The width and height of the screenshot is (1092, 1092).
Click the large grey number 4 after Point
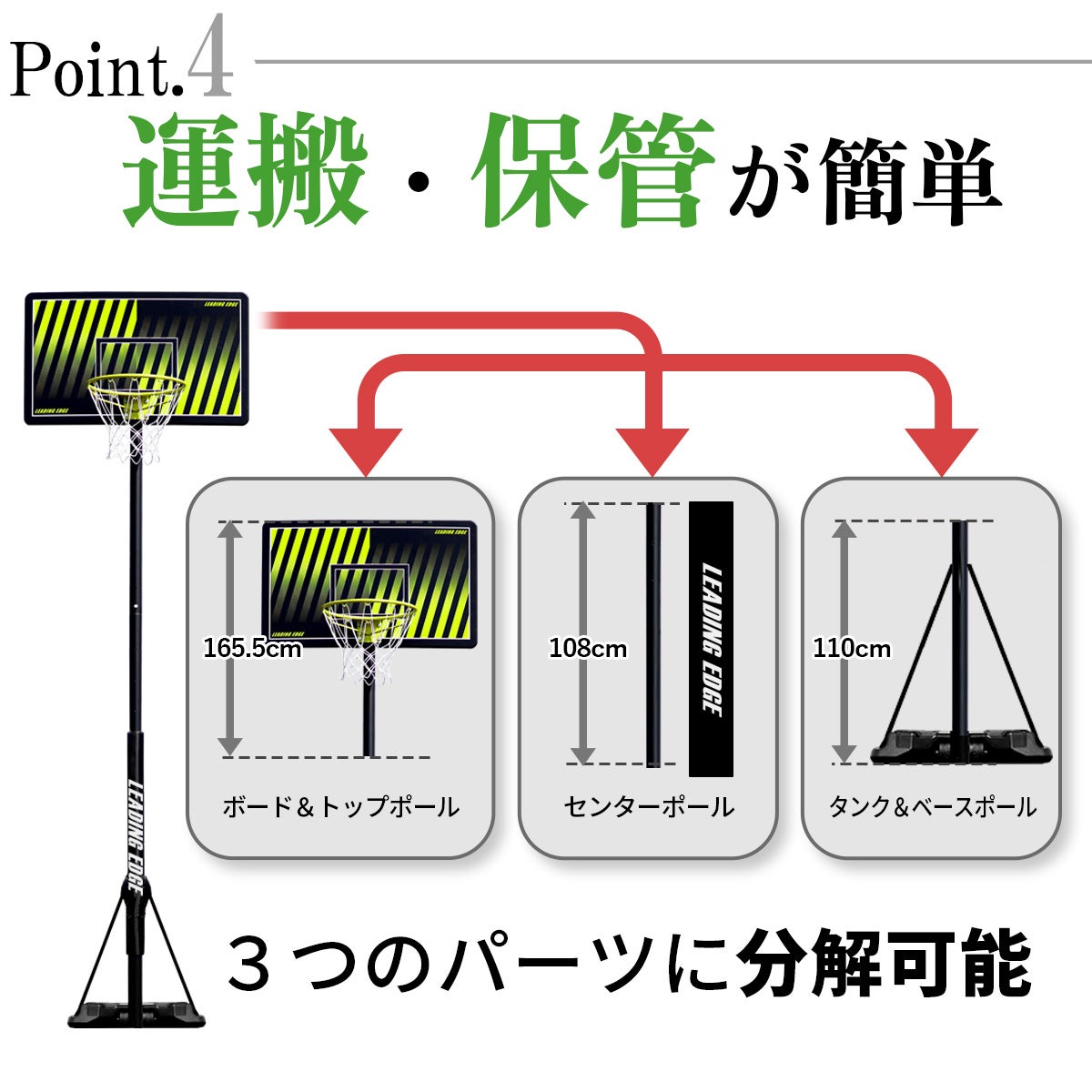click(x=210, y=56)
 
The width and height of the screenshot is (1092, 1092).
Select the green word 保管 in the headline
click(x=593, y=170)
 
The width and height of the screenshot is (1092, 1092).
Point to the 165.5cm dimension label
click(x=252, y=648)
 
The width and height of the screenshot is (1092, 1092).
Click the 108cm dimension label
click(x=588, y=648)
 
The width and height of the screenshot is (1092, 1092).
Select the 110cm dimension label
click(x=852, y=648)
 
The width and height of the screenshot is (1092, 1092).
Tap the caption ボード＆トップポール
click(x=340, y=807)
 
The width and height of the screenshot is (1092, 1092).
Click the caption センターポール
click(x=649, y=807)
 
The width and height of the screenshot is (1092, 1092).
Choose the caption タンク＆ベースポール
click(x=933, y=807)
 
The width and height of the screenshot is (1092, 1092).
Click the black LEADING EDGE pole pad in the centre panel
click(x=712, y=639)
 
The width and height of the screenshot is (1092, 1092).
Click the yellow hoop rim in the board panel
click(x=369, y=613)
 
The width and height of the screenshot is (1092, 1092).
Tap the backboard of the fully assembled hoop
click(x=136, y=359)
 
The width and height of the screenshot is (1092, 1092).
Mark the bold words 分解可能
click(x=885, y=962)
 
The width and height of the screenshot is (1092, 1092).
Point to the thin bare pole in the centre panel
click(x=653, y=634)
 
